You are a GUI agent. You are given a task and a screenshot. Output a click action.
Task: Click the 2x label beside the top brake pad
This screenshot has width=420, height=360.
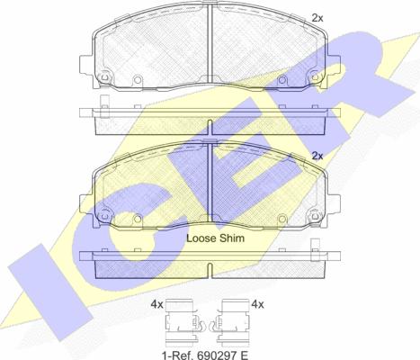click(x=317, y=18)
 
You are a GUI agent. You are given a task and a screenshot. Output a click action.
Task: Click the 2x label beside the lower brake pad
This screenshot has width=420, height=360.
click(x=317, y=156)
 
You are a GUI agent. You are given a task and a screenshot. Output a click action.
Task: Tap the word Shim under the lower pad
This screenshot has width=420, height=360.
click(x=232, y=238)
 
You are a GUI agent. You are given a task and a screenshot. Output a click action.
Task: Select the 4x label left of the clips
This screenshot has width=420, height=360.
click(x=156, y=304)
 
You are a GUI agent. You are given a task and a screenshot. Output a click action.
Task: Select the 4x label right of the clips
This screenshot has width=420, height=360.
click(x=258, y=304)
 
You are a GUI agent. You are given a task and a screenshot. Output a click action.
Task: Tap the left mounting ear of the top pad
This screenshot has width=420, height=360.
click(x=86, y=64)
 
